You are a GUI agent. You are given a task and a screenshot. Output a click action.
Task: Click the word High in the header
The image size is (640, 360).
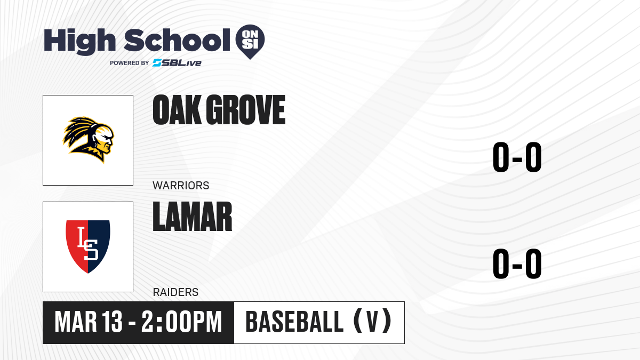[x=80, y=42]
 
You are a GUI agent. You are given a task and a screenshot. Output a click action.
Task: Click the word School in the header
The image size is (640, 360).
[x=177, y=41]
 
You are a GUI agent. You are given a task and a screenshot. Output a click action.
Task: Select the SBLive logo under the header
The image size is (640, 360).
[x=177, y=63]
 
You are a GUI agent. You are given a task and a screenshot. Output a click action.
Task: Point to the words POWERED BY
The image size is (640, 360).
[x=130, y=63]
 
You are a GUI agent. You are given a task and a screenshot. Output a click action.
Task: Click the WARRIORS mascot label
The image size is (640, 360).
[x=181, y=186]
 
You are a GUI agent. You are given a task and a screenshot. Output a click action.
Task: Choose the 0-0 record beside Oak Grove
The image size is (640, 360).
[x=517, y=157]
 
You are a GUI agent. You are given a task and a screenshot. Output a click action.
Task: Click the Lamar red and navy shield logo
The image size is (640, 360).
[x=88, y=246]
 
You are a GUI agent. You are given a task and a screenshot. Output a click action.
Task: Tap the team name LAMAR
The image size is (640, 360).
[x=193, y=217]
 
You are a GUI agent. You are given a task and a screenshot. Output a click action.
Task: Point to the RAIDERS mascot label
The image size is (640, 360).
[x=175, y=292]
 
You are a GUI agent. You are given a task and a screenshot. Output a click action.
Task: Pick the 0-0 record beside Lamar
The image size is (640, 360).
[x=517, y=263]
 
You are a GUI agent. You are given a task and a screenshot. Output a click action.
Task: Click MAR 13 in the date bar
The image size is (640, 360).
[x=89, y=322]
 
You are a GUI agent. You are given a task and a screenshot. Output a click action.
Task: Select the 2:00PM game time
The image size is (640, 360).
[x=182, y=322]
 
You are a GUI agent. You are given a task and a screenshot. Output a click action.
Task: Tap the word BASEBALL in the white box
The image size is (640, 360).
[x=294, y=322]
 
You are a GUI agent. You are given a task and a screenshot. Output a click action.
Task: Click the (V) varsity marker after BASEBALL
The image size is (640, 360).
[x=373, y=321]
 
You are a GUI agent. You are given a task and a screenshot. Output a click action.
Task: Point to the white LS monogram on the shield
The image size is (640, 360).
[x=88, y=244]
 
